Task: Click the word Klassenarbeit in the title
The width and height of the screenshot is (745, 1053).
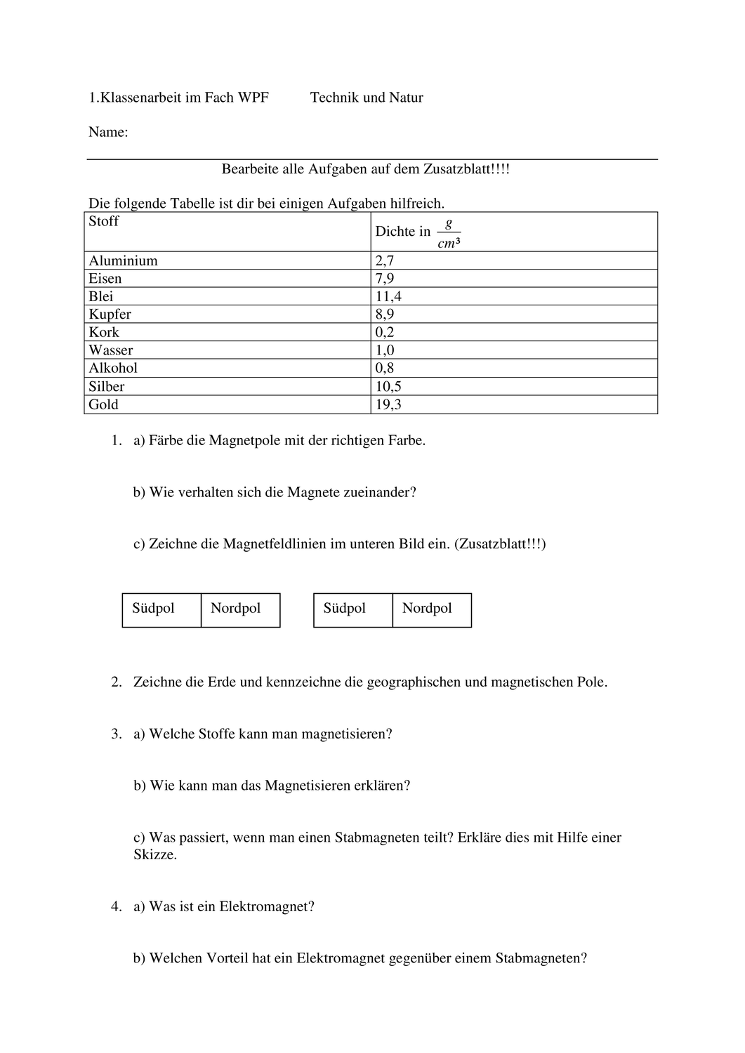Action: point(140,98)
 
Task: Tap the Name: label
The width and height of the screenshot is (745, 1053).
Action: point(108,132)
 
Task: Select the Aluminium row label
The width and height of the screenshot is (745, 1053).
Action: point(123,260)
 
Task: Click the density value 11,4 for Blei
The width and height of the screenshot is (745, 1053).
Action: point(388,296)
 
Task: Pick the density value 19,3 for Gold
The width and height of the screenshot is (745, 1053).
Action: point(388,404)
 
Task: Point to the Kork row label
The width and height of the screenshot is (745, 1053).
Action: point(104,332)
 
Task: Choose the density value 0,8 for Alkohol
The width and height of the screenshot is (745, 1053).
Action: point(385,368)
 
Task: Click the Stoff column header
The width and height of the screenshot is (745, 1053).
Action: point(104,221)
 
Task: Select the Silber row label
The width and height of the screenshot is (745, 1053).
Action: point(107,386)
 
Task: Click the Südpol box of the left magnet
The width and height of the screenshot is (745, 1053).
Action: point(161,609)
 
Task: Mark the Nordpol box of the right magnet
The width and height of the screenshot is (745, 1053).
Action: point(432,609)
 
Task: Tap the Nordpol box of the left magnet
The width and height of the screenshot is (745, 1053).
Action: point(240,609)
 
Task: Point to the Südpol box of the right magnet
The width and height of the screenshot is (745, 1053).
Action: point(352,609)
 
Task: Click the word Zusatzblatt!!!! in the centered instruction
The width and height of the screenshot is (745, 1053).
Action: point(466,169)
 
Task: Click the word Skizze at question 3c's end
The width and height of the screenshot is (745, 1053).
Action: point(154,855)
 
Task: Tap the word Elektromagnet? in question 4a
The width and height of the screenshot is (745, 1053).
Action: point(267,906)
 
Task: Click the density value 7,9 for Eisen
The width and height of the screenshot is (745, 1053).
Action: point(385,279)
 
